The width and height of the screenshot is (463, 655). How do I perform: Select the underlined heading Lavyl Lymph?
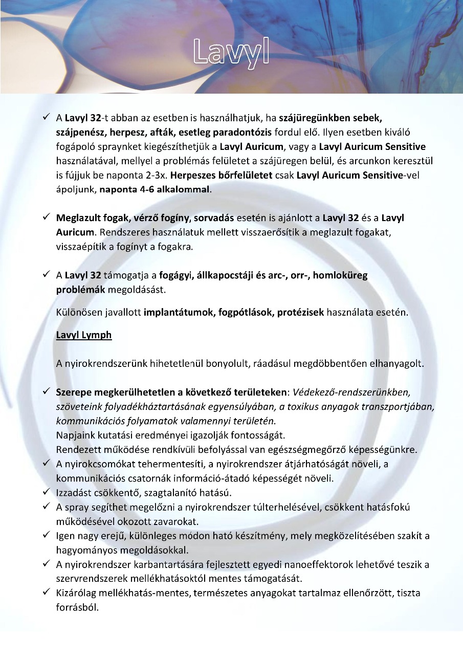point(84,335)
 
